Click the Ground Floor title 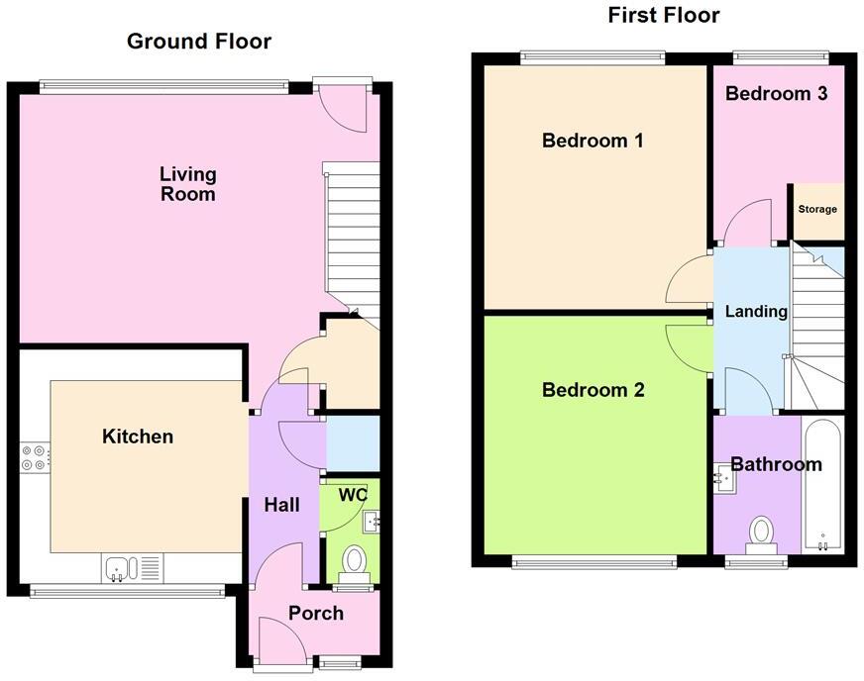[x=199, y=42]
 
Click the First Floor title [x=664, y=15]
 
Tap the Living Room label [x=188, y=184]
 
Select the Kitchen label [x=138, y=437]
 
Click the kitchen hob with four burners [x=34, y=457]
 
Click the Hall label [x=281, y=505]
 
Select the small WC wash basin [x=372, y=521]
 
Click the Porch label [x=316, y=614]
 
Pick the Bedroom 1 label [x=593, y=141]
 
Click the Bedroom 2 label [x=593, y=390]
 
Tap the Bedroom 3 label [x=776, y=93]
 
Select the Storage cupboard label [x=817, y=209]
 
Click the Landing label [x=756, y=312]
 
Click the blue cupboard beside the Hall [x=353, y=443]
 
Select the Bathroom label [x=776, y=464]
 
